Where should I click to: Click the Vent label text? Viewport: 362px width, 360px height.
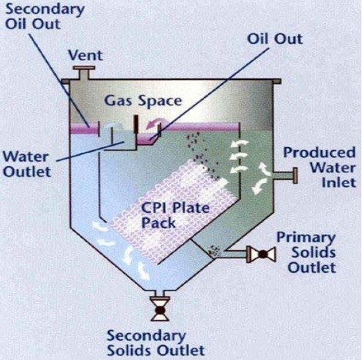point(85,55)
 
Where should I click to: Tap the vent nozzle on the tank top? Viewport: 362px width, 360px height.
point(84,73)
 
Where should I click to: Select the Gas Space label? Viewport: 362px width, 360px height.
point(143,101)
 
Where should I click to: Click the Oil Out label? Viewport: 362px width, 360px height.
point(275,39)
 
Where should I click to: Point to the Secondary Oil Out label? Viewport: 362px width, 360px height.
point(45,17)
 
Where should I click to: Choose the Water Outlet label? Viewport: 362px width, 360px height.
point(27,164)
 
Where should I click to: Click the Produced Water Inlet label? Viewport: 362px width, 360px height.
point(320,167)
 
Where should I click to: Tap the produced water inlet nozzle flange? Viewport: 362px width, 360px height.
point(295,175)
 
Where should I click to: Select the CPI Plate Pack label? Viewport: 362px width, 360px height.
point(175,215)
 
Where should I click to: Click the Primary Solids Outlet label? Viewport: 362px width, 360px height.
point(306,252)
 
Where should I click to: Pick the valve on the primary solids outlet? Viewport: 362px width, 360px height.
point(263,255)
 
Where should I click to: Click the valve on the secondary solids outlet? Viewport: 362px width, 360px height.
point(160,310)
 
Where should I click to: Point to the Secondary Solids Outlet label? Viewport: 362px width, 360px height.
point(156,343)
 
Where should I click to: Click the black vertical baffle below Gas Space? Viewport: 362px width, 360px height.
point(136,124)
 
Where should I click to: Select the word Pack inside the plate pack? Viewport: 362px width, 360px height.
point(159,222)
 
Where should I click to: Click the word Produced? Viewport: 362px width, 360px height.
point(320,152)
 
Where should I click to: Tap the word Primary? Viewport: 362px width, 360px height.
point(306,238)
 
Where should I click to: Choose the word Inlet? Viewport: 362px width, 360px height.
point(339,182)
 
